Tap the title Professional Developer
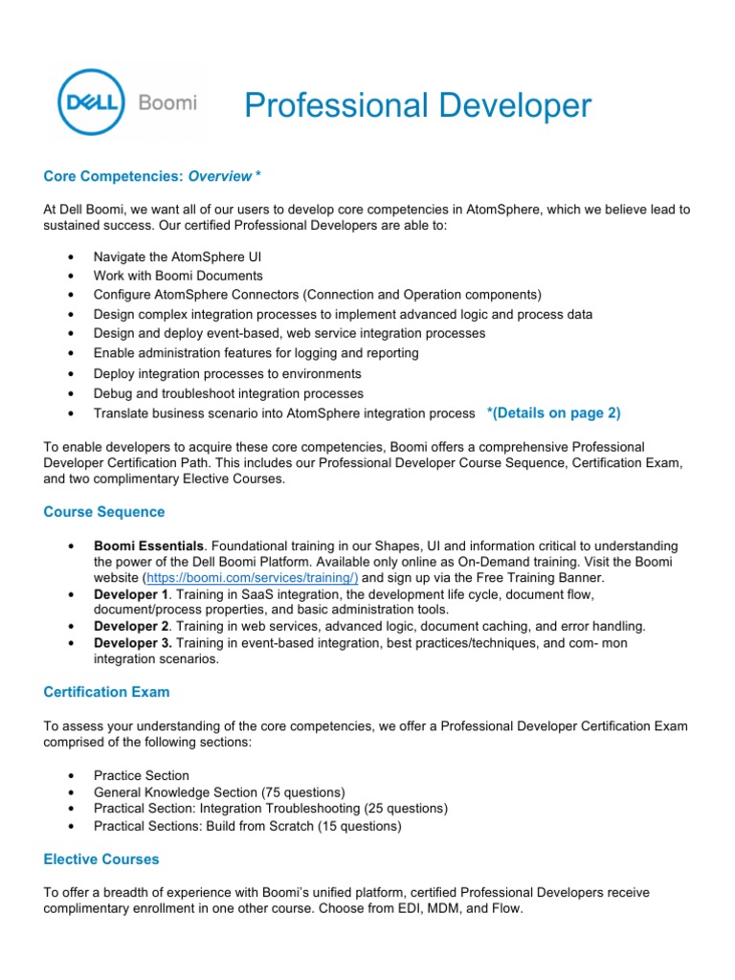pos(417,106)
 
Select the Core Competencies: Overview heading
pos(152,176)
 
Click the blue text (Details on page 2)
pos(553,412)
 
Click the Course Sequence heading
pos(103,512)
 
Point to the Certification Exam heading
pos(107,692)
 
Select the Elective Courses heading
pos(101,859)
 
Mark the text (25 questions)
pos(401,809)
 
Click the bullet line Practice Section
pos(142,776)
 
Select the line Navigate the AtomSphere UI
pos(177,257)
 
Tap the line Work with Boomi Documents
pos(177,275)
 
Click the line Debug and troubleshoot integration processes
pos(229,393)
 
